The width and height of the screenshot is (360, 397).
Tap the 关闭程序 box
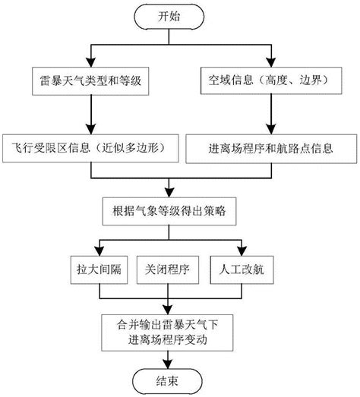(169, 269)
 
